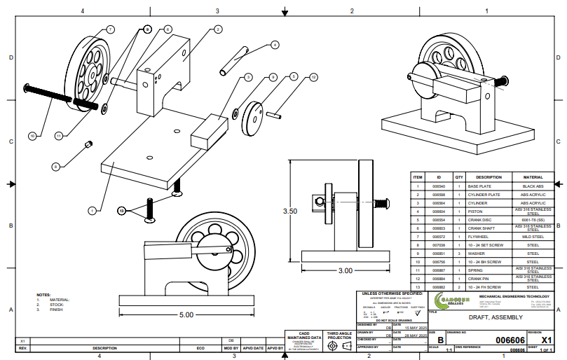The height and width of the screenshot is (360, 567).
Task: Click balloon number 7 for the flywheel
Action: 110,29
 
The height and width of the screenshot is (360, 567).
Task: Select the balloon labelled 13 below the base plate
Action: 121,210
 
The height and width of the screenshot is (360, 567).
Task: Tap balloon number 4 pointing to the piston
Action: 275,44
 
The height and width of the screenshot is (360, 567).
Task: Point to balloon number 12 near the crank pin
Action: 313,77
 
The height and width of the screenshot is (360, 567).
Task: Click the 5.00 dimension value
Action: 186,315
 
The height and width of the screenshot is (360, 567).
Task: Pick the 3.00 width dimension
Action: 345,270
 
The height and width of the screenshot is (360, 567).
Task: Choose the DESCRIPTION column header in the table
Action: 489,177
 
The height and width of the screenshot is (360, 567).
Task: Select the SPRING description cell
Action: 489,270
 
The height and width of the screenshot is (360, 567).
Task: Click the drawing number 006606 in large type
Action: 510,340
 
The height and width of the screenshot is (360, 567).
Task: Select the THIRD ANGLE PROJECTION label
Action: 339,335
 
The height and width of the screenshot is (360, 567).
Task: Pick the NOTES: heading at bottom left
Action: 43,295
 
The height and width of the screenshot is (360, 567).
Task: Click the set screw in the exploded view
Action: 89,144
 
